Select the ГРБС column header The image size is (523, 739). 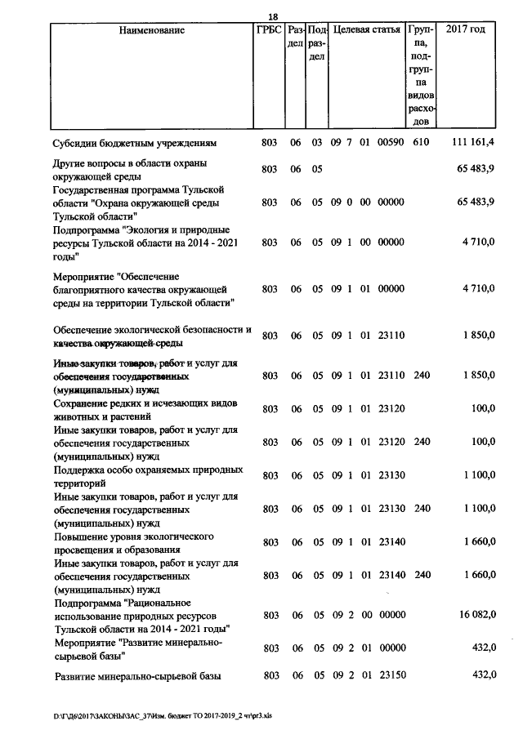[268, 30]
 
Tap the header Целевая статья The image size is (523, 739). [367, 30]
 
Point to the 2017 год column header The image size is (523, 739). [466, 30]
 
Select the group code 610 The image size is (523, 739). [422, 143]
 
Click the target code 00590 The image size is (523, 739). [391, 143]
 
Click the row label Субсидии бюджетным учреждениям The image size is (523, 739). [135, 143]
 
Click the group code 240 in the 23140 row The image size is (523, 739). [422, 576]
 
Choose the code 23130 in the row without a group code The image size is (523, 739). [391, 475]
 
